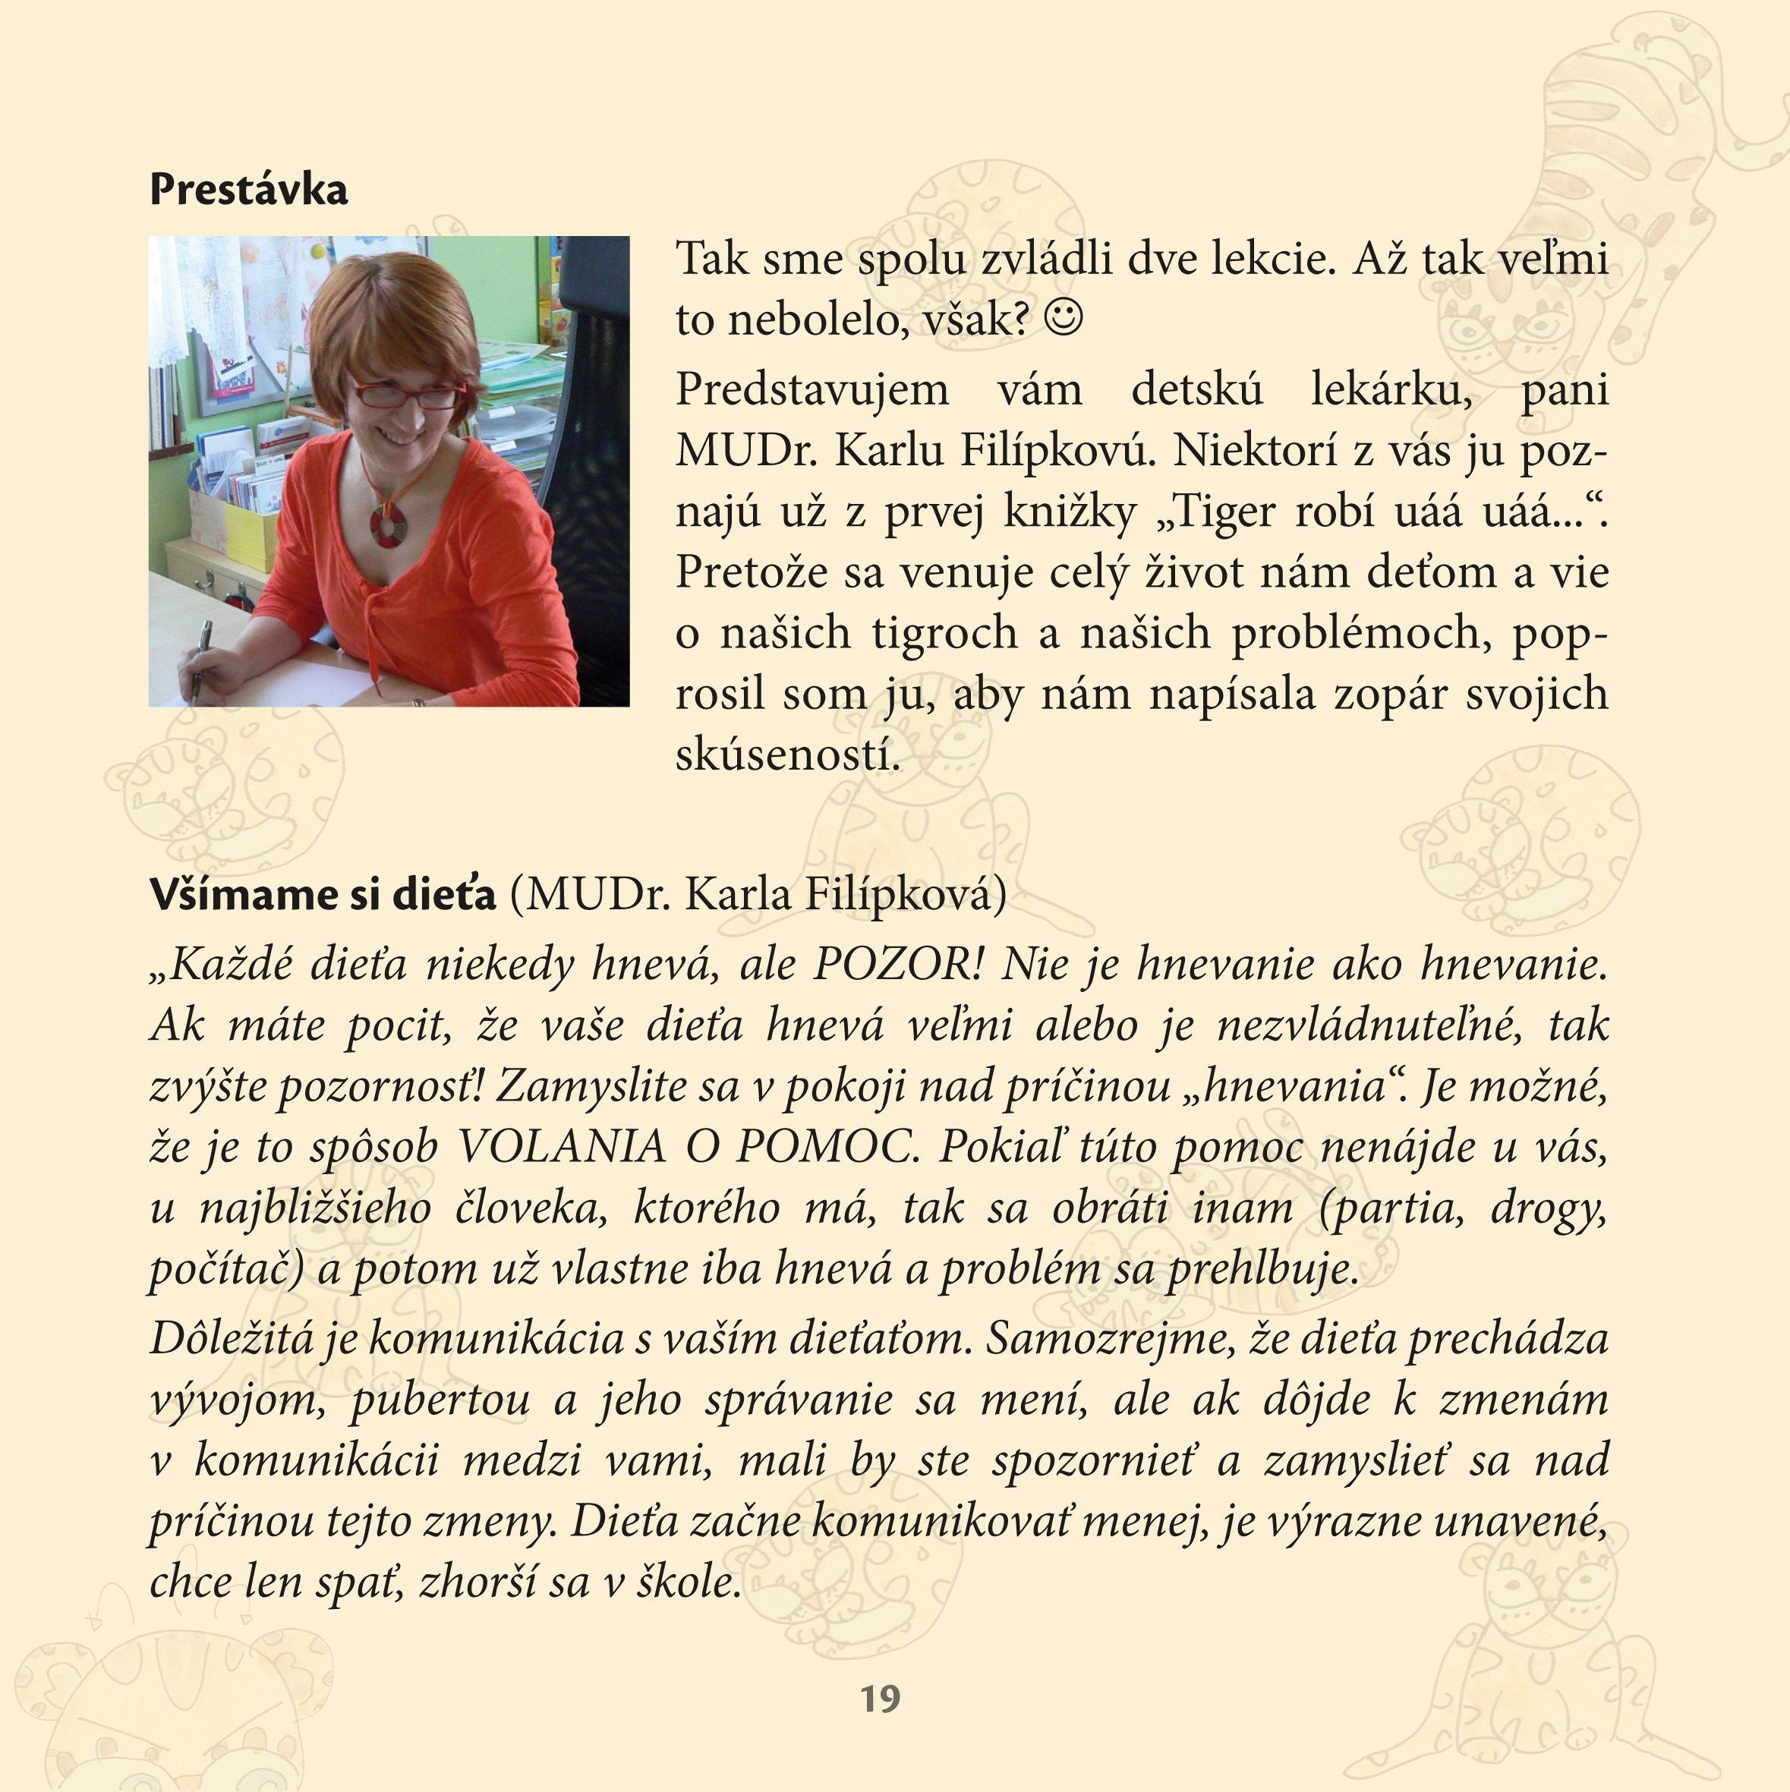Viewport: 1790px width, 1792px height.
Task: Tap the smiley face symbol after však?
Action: (x=1063, y=318)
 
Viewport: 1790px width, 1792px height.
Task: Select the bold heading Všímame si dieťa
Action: (x=323, y=895)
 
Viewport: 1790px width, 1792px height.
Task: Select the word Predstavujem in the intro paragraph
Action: (x=812, y=389)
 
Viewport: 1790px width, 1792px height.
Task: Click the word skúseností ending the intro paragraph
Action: (x=787, y=755)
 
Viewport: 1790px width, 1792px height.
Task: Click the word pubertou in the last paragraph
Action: (x=440, y=1400)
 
